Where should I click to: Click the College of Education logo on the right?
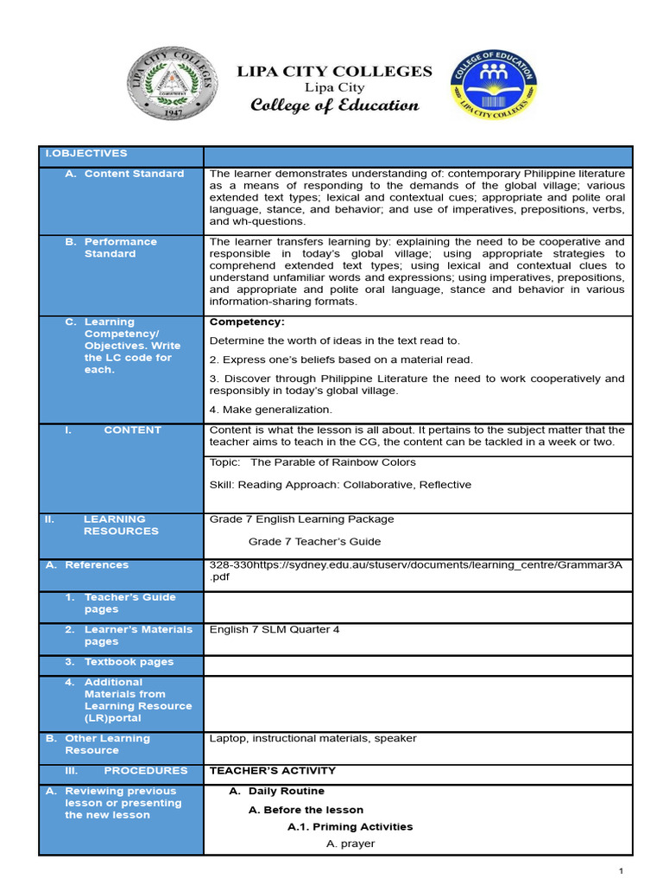[492, 84]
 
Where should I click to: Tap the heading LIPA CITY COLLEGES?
[334, 71]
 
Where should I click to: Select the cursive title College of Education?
[334, 105]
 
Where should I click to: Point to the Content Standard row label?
[133, 174]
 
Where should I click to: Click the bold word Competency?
[247, 322]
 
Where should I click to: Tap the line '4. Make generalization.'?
[270, 410]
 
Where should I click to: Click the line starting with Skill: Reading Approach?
[340, 485]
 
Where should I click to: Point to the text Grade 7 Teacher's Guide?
[314, 542]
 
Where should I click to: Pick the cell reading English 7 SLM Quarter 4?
[275, 629]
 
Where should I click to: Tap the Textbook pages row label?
[128, 662]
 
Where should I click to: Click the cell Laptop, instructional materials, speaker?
[313, 738]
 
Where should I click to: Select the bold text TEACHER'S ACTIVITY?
[273, 770]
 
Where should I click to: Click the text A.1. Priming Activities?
[350, 826]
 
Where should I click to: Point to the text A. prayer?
[350, 844]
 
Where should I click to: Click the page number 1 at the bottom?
[621, 871]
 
